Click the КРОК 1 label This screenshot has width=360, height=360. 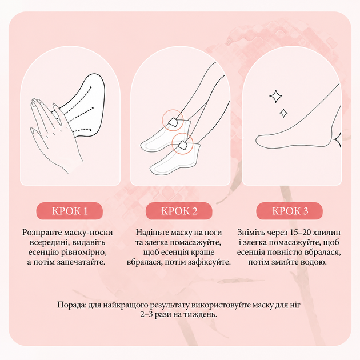click(x=70, y=211)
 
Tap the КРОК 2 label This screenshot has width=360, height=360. click(x=179, y=211)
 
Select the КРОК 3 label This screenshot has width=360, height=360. click(x=290, y=211)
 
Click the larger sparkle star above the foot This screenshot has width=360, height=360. click(x=275, y=96)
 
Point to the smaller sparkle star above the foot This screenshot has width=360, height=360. click(x=283, y=113)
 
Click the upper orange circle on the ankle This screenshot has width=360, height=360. click(x=173, y=121)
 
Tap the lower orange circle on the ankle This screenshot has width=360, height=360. click(x=182, y=144)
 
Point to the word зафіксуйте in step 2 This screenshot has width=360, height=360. click(x=209, y=262)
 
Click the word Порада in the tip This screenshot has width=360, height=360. click(x=71, y=305)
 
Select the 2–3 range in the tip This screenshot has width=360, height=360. click(x=146, y=314)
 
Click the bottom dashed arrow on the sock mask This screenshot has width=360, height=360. click(x=83, y=130)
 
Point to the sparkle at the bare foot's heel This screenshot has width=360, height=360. click(x=337, y=139)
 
